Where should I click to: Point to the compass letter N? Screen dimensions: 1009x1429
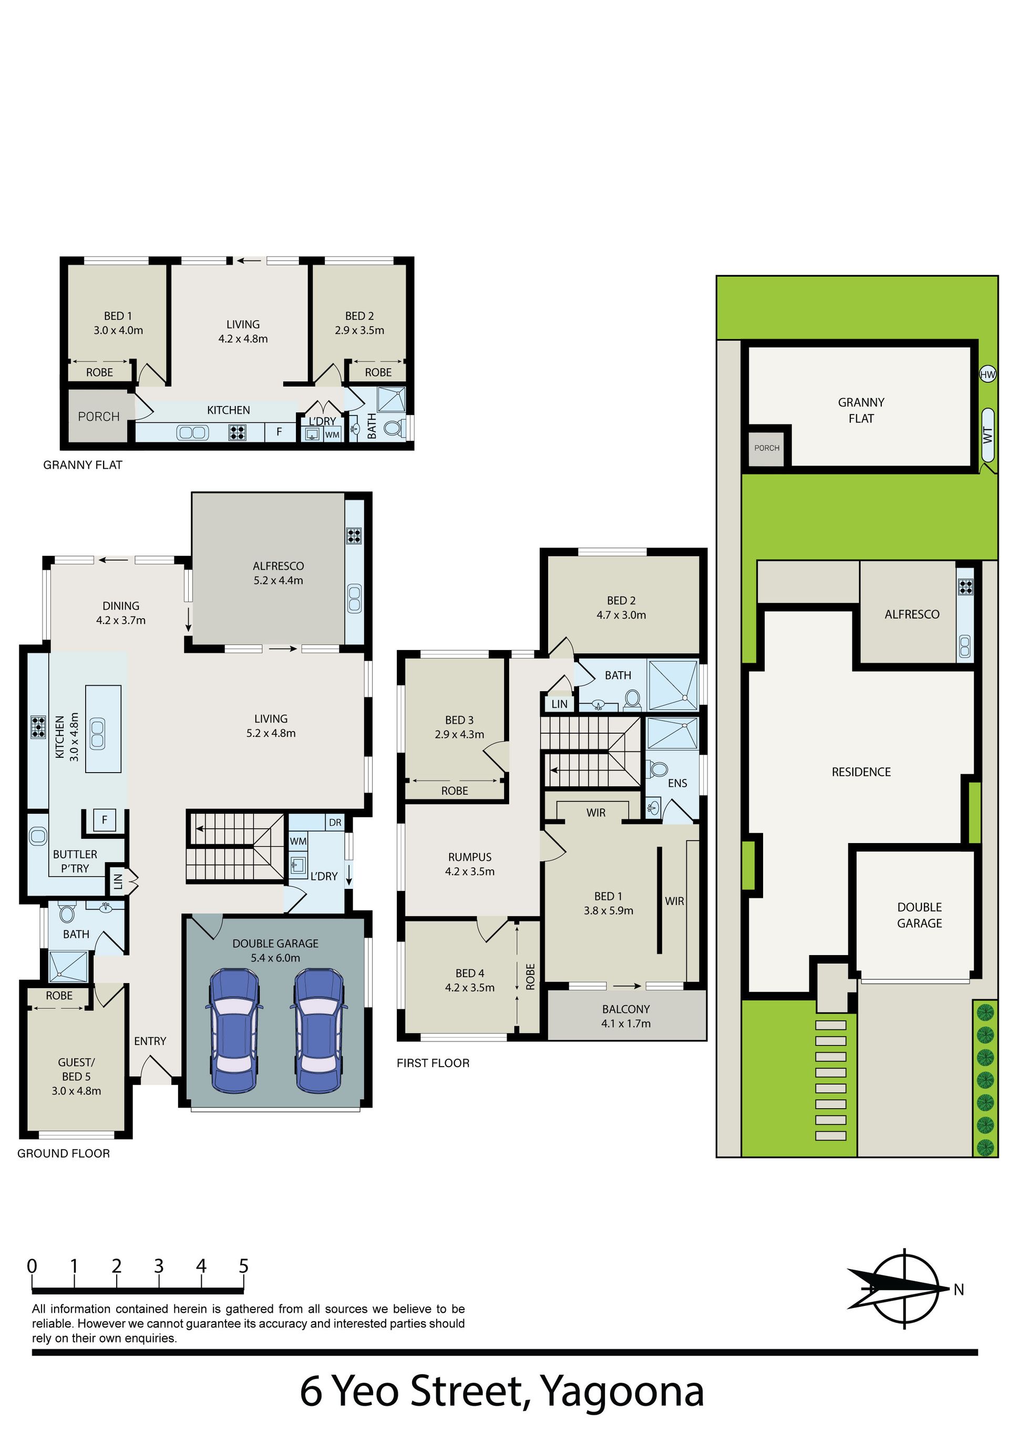[959, 1290]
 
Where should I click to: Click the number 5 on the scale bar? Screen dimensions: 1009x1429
[244, 1266]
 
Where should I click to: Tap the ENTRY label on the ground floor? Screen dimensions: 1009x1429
[150, 1041]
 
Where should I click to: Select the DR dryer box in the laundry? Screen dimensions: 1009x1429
[335, 822]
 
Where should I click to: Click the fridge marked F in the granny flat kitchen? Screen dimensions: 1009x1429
[279, 431]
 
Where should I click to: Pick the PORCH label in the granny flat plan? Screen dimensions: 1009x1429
[98, 417]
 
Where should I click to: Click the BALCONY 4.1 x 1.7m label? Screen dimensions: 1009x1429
[626, 1016]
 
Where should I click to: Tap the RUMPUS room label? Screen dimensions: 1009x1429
[470, 857]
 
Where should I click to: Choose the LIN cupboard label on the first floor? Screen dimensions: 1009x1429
[559, 703]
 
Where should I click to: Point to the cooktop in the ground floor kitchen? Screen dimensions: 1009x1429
[38, 727]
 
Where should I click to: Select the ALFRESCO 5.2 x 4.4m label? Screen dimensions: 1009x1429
[278, 573]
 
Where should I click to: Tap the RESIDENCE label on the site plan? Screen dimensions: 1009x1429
[861, 772]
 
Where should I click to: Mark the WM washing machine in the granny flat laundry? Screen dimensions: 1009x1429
[332, 434]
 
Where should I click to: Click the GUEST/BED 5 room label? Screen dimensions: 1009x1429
[77, 1076]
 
